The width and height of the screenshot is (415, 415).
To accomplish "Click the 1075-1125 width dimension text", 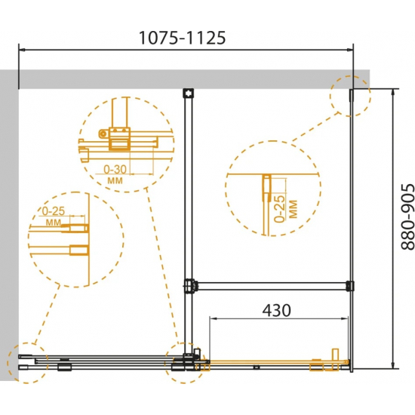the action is coord(182,38).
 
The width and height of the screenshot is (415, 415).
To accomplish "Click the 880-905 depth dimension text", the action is coord(407,217).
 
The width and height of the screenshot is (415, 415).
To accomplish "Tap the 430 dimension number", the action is coord(277,310).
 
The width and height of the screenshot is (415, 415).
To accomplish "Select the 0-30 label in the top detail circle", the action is coord(115,169).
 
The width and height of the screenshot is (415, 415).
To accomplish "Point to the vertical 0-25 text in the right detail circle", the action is coord(280,208).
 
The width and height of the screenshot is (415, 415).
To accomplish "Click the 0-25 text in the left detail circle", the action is coord(54,211).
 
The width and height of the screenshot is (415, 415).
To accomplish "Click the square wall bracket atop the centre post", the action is coord(188,93).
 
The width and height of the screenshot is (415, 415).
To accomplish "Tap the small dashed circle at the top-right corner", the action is coord(350,96).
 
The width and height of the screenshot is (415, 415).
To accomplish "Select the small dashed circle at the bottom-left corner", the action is coord(27,363).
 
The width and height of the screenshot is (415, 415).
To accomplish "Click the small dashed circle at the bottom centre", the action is coord(184,363).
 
